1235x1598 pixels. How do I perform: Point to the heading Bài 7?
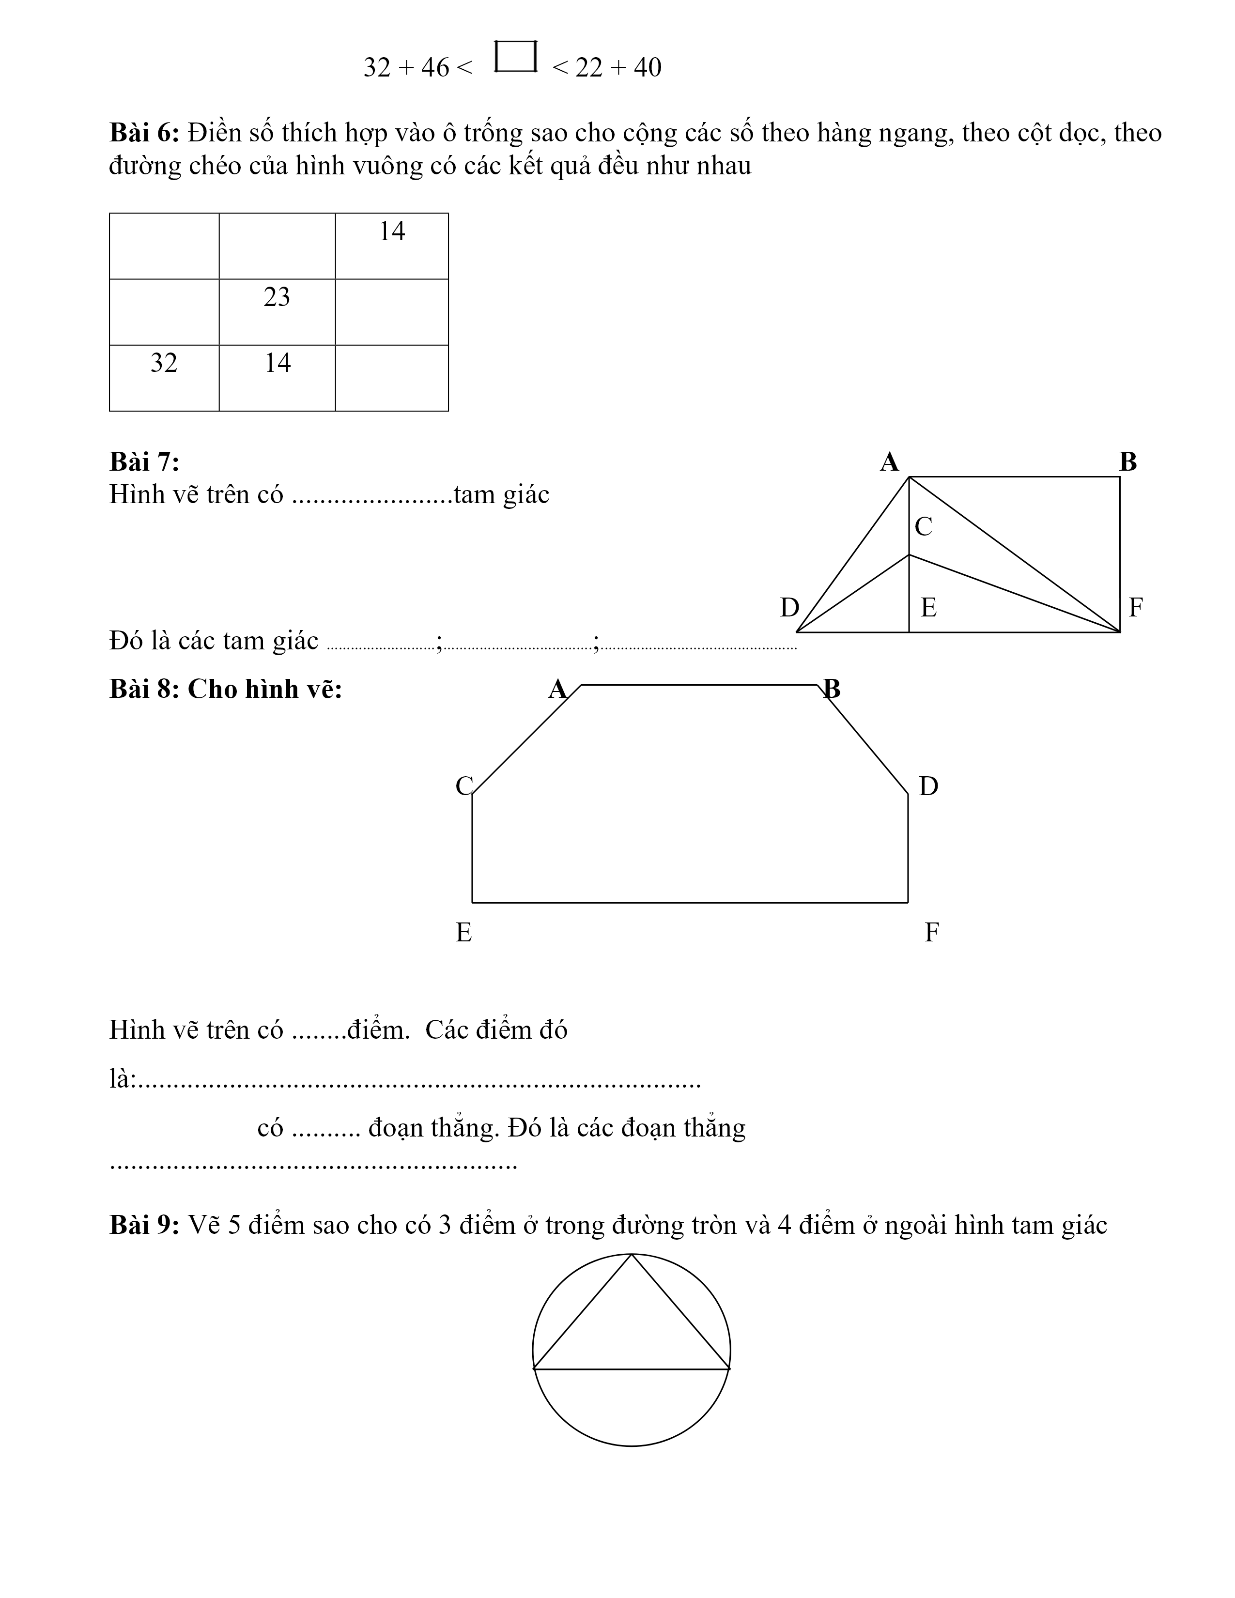pyautogui.click(x=144, y=461)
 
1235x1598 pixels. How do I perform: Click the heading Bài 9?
pyautogui.click(x=144, y=1225)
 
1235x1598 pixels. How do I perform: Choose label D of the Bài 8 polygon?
pyautogui.click(x=928, y=786)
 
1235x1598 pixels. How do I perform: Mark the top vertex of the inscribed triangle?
pyautogui.click(x=632, y=1255)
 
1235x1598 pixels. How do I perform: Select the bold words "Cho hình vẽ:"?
pyautogui.click(x=265, y=689)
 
